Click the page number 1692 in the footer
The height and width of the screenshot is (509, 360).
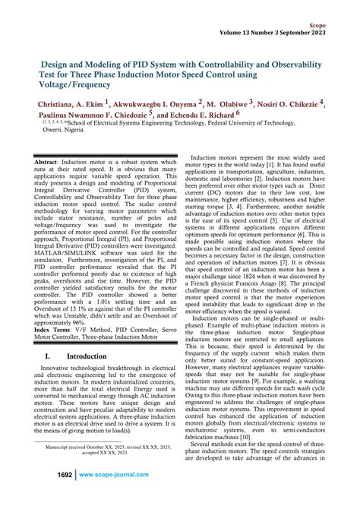[60, 495]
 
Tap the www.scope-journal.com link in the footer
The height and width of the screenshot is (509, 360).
[115, 495]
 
